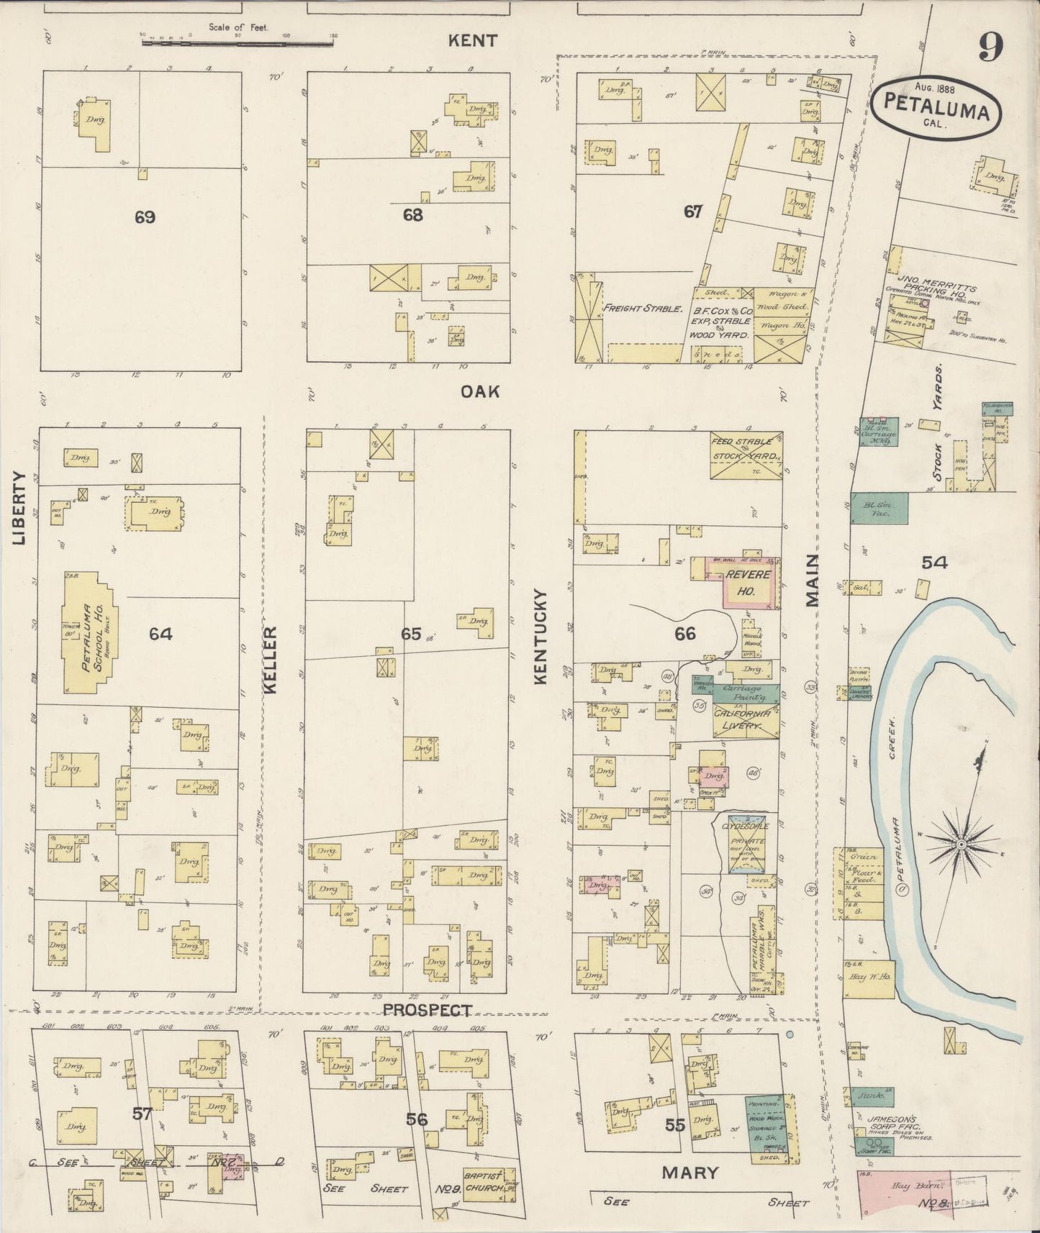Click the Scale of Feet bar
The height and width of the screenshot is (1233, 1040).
click(238, 43)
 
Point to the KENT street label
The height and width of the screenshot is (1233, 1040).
click(472, 40)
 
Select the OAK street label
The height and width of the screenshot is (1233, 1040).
click(481, 391)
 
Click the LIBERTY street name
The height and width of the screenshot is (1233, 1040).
click(19, 508)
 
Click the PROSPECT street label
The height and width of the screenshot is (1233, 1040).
click(428, 1011)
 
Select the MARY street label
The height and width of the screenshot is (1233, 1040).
click(689, 1173)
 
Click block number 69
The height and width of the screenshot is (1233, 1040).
click(145, 217)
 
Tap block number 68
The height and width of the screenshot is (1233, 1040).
click(412, 214)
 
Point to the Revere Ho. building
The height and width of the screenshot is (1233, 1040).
click(747, 584)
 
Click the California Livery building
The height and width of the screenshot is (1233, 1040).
click(741, 720)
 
